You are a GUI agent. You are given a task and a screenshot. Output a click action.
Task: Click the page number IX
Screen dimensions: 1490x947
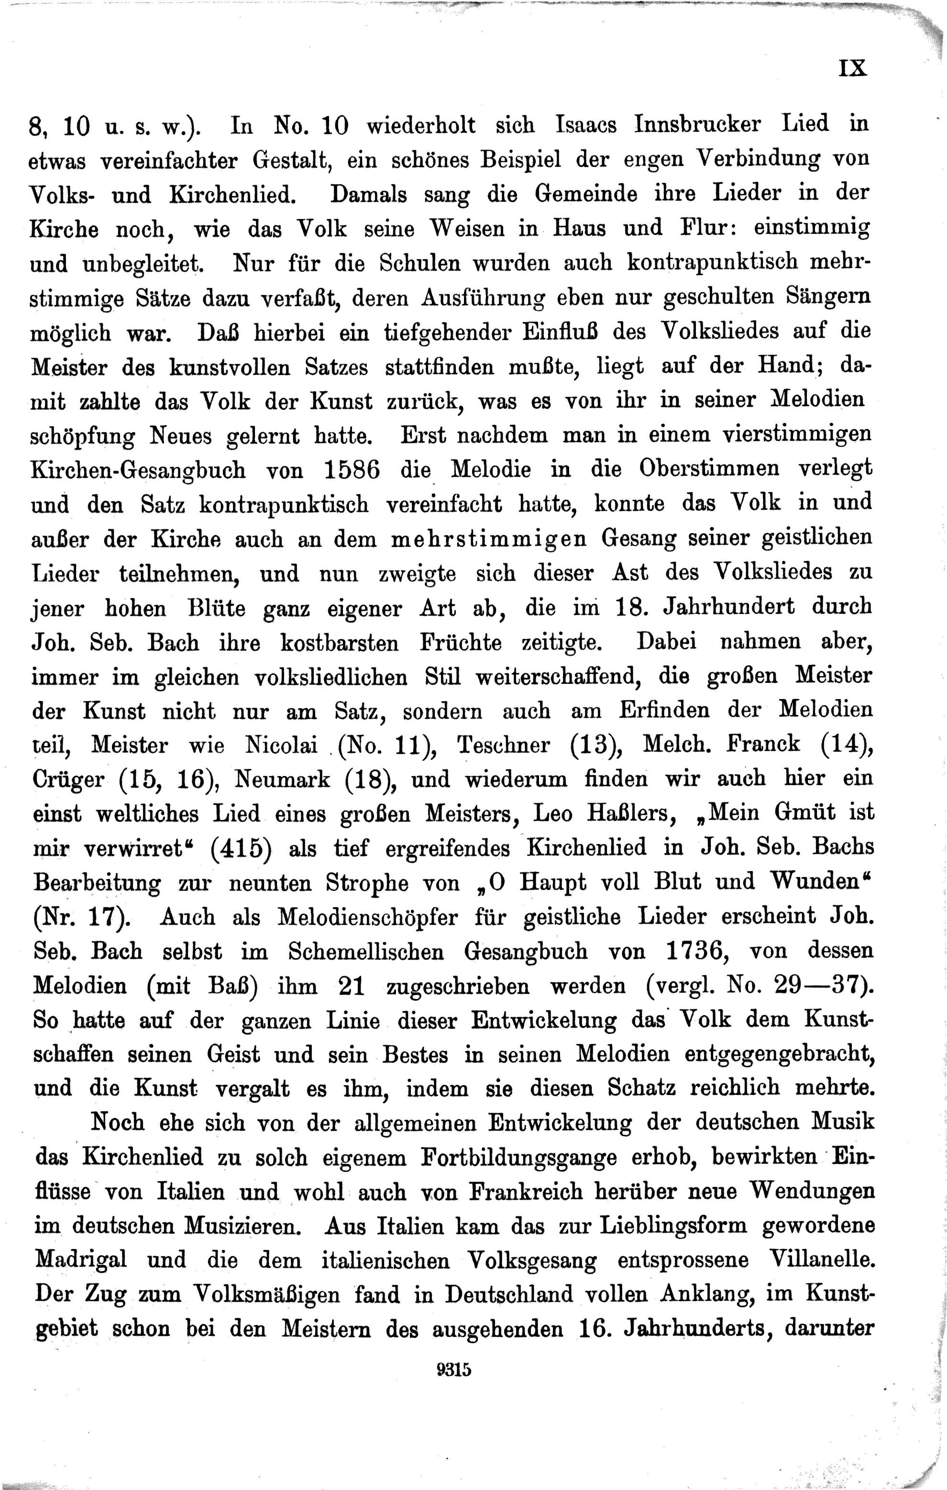pyautogui.click(x=853, y=67)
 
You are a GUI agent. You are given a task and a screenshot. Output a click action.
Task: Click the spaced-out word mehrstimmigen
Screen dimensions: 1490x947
pyautogui.click(x=489, y=539)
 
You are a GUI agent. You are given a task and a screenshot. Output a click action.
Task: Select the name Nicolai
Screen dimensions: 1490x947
pyautogui.click(x=281, y=745)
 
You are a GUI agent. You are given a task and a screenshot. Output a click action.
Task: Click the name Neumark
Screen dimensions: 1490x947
pyautogui.click(x=282, y=779)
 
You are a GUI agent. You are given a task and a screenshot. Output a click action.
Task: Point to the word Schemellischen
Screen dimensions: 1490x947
pyautogui.click(x=366, y=951)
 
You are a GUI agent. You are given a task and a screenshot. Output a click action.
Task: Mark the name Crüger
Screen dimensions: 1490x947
pyautogui.click(x=68, y=779)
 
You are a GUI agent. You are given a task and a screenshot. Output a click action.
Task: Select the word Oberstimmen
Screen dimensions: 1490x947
pyautogui.click(x=709, y=469)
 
